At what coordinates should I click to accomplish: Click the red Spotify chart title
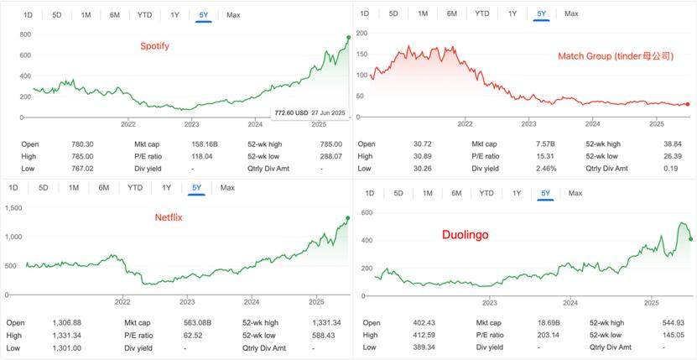[x=154, y=46]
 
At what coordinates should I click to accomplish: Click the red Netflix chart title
[x=169, y=217]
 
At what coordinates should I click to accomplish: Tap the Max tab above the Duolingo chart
[x=575, y=193]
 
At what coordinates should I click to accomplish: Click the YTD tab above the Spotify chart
[x=144, y=15]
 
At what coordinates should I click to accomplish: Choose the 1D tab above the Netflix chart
[x=14, y=187]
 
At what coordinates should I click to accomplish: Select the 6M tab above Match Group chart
[x=451, y=13]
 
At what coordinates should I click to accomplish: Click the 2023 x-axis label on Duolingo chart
[x=489, y=302]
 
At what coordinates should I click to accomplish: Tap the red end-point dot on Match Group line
[x=687, y=105]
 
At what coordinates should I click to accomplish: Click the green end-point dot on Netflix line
[x=347, y=219]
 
